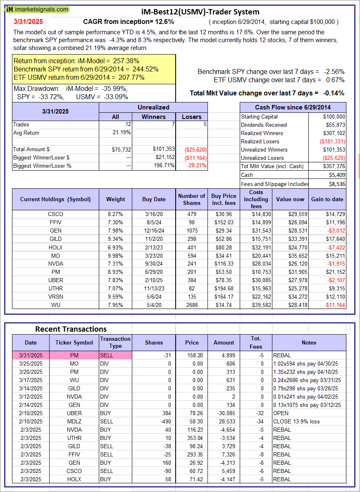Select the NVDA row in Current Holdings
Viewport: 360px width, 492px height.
(55, 264)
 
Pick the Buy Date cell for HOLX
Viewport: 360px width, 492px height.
(154, 247)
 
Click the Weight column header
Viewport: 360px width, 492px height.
(115, 199)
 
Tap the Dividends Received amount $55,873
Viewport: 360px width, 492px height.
(335, 125)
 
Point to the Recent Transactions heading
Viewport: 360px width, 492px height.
(71, 329)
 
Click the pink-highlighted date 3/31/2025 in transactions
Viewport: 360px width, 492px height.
(31, 355)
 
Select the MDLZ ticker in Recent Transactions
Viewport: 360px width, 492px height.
(74, 421)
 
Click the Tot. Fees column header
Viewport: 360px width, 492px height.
(256, 342)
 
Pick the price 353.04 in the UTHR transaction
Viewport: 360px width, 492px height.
(191, 438)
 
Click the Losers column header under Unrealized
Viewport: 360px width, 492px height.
(191, 117)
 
